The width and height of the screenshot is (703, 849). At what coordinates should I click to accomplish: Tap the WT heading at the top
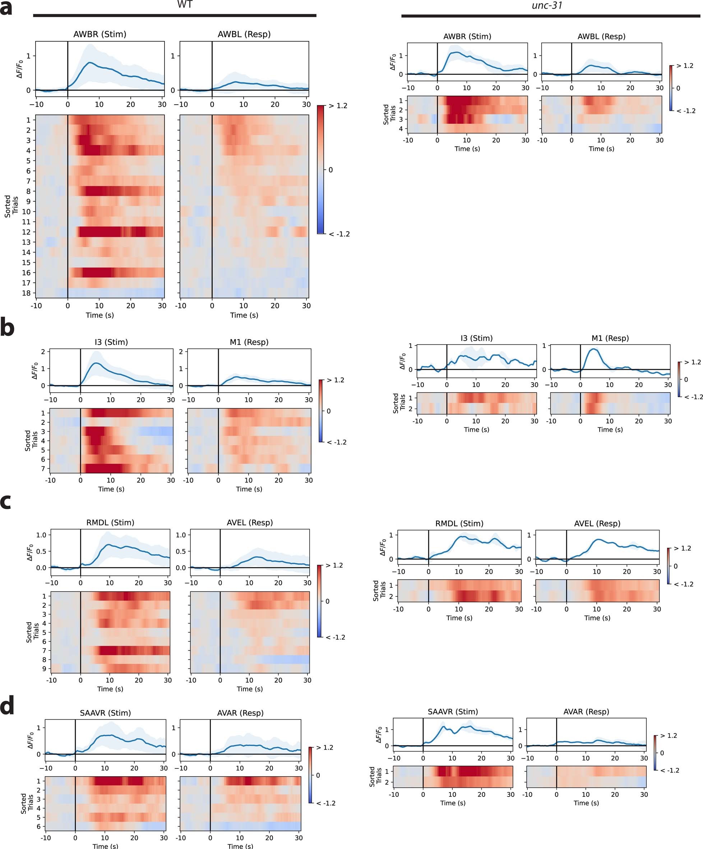point(185,5)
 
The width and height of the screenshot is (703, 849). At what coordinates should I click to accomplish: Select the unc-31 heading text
point(547,6)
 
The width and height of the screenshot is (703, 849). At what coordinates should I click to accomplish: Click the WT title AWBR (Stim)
point(100,35)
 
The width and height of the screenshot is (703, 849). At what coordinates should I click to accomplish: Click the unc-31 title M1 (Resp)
point(610,338)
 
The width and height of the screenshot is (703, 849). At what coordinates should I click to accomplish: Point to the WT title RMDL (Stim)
point(110,522)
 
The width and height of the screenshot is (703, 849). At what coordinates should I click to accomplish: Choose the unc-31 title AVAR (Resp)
point(586,712)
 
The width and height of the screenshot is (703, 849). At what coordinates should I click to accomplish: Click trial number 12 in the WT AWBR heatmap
point(26,232)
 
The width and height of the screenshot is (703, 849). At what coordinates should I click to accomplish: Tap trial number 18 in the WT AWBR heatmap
point(26,293)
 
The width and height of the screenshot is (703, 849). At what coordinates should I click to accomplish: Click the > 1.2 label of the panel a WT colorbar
point(338,106)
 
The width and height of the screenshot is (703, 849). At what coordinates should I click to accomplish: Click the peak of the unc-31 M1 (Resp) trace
point(594,349)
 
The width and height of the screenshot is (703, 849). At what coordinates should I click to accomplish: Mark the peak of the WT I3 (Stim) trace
point(96,363)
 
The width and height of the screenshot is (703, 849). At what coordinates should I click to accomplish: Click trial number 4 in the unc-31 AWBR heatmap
point(400,129)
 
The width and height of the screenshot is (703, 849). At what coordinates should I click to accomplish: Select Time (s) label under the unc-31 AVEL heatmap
point(597,618)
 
